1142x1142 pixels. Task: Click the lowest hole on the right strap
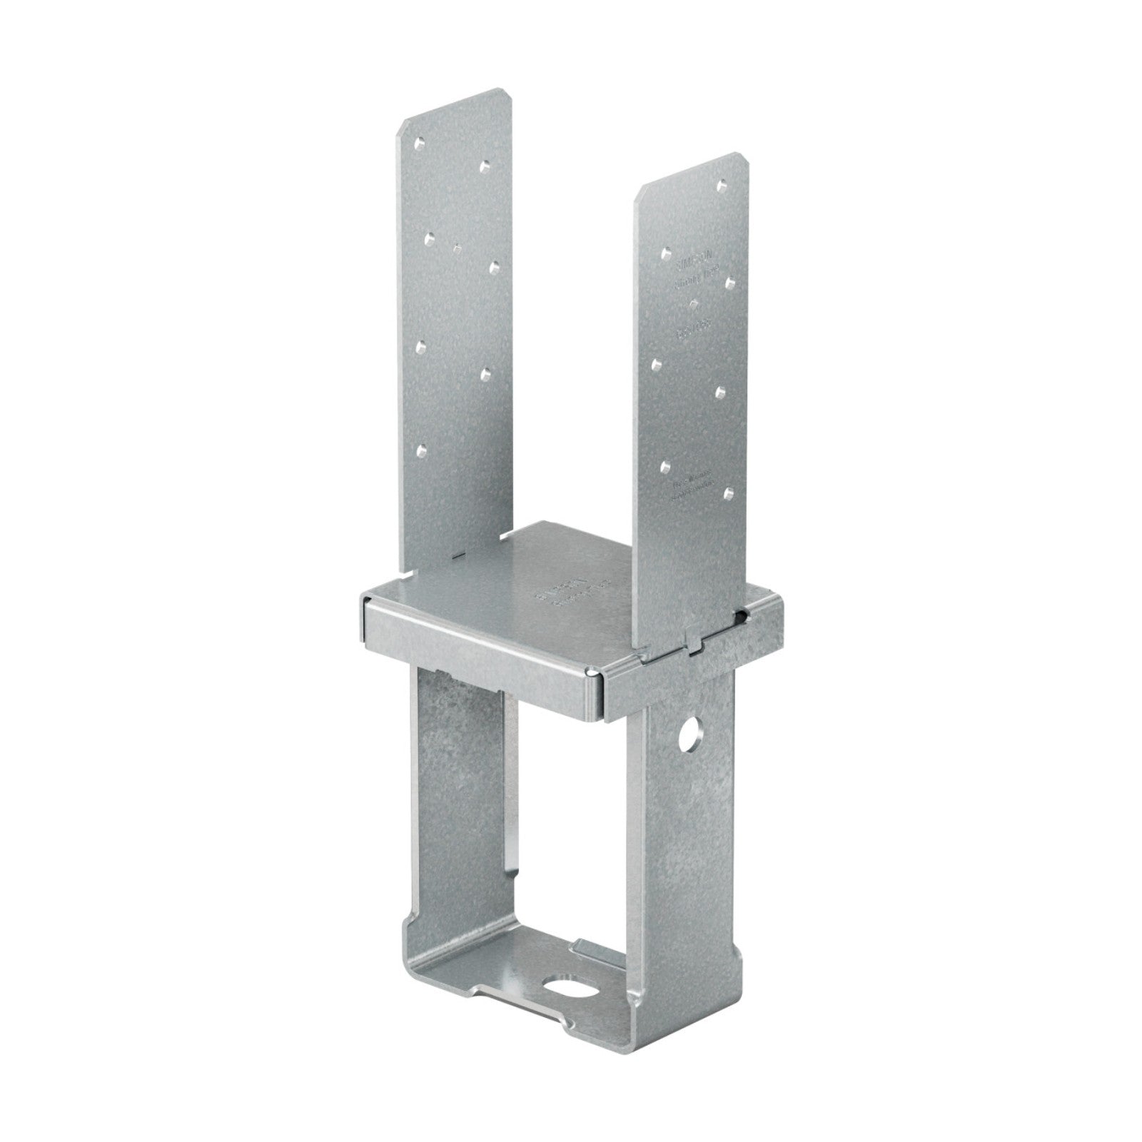coord(728,492)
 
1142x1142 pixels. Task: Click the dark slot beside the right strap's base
coord(744,615)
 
